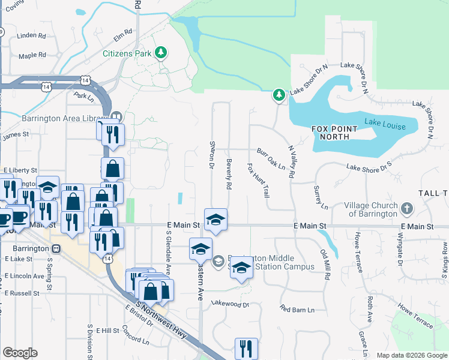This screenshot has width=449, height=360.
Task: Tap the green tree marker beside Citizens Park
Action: click(160, 54)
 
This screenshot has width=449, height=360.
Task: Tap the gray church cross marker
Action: click(407, 209)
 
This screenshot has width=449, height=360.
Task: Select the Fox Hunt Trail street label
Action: click(258, 181)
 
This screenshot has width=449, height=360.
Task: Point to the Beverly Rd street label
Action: click(229, 174)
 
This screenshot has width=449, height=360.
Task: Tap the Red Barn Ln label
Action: click(297, 310)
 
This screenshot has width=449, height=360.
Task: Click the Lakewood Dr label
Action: click(229, 304)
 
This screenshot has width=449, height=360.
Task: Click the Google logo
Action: click(20, 353)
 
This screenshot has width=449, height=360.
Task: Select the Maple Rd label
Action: click(32, 55)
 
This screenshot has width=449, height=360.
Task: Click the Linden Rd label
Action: click(32, 35)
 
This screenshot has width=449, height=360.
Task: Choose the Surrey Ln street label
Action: click(321, 197)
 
